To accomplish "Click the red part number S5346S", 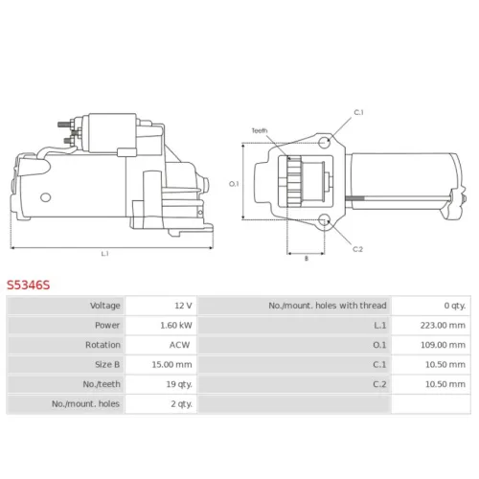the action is [x=29, y=285].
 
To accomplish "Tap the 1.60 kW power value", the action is [x=176, y=326].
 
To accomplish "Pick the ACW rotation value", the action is [x=179, y=345].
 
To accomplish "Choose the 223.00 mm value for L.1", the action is [x=443, y=326].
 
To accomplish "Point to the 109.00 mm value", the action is [x=443, y=345].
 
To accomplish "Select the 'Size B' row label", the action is [x=107, y=364].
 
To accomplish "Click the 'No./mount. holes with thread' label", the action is [x=328, y=306].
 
